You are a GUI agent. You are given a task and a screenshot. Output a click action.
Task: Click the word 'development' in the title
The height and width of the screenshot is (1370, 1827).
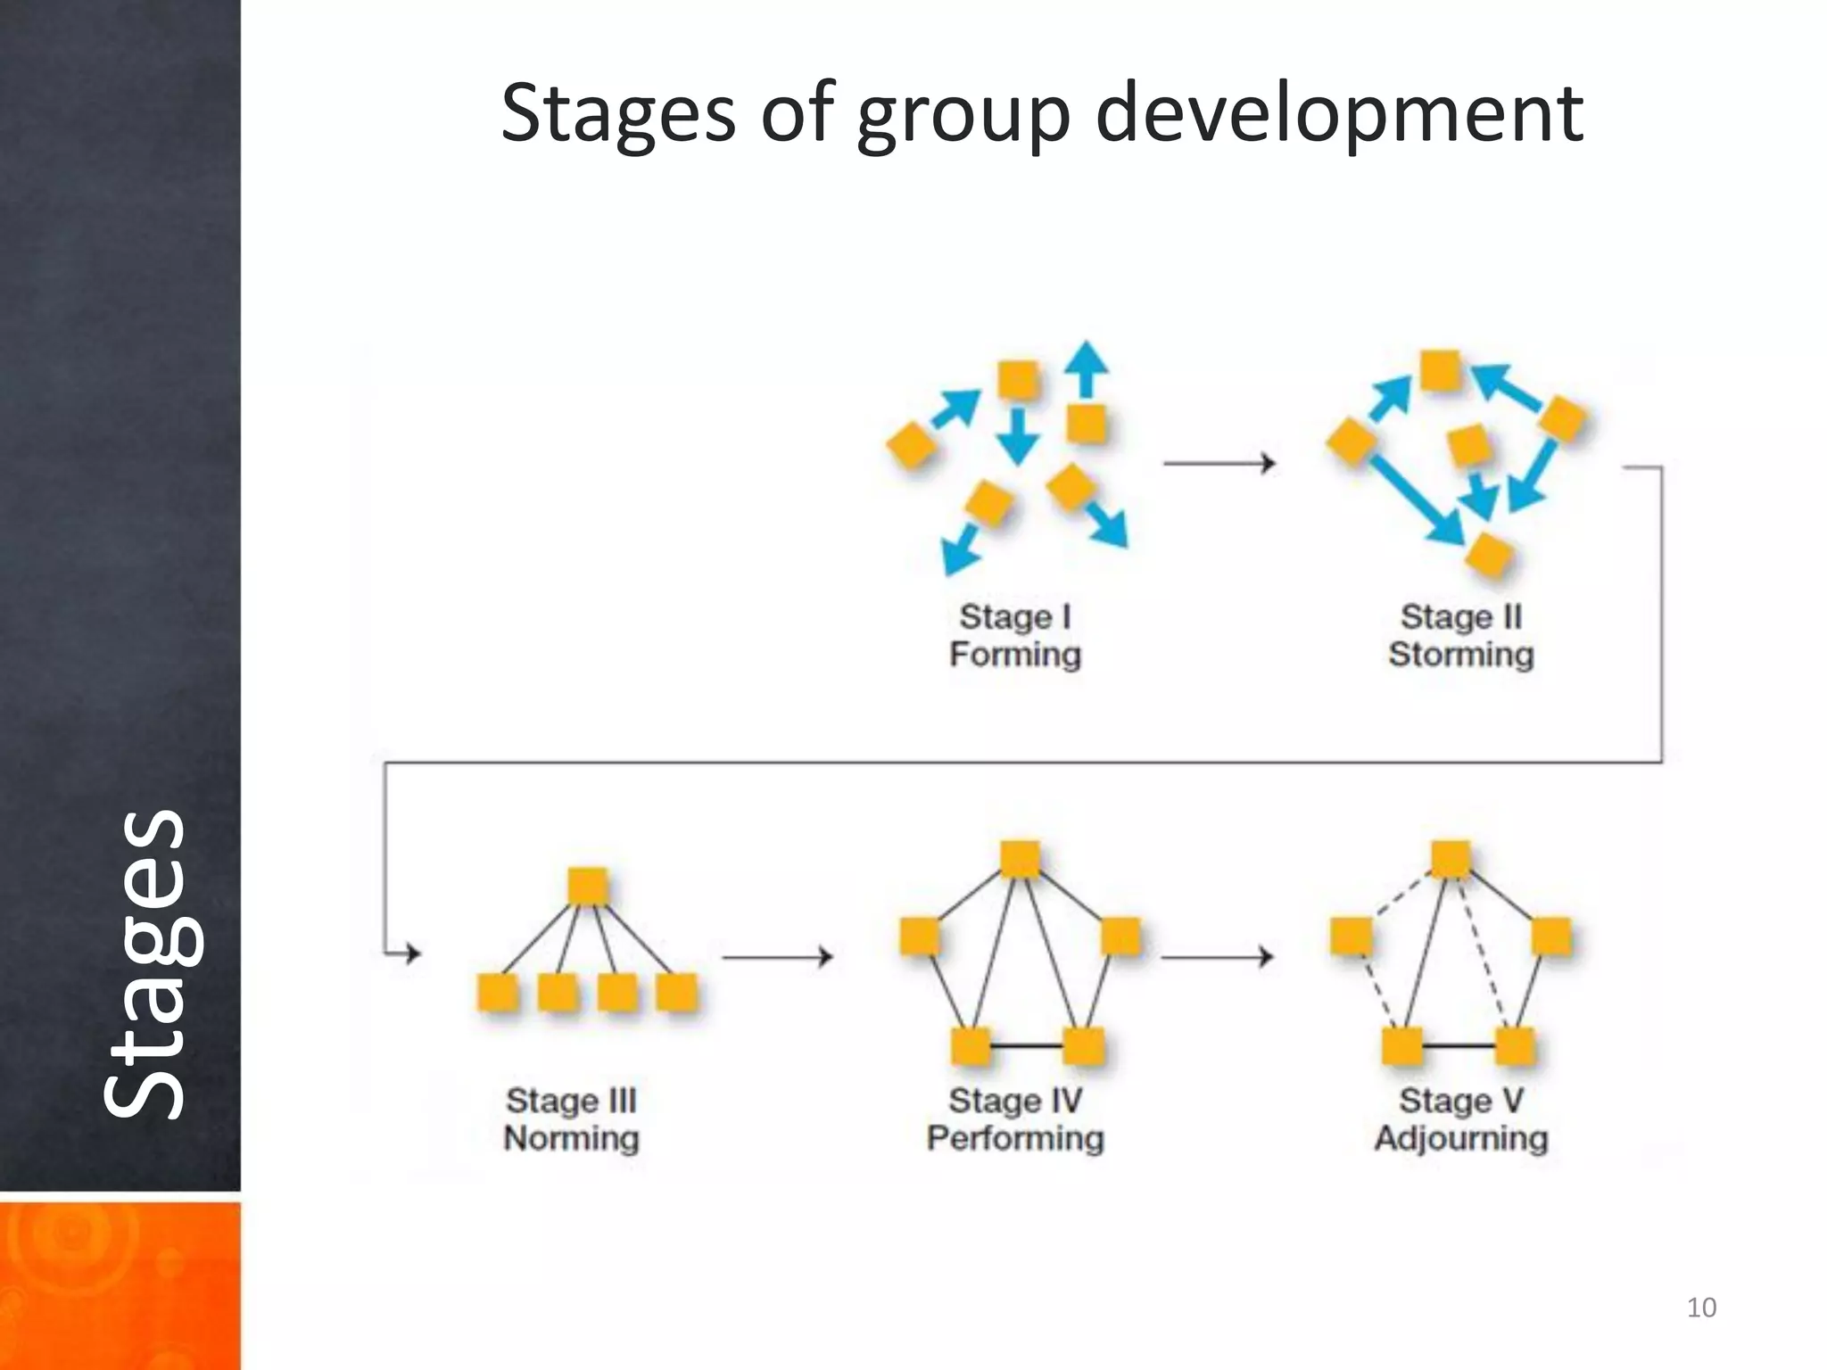(x=1338, y=113)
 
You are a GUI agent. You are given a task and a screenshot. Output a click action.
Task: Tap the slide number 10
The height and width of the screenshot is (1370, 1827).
(x=1701, y=1308)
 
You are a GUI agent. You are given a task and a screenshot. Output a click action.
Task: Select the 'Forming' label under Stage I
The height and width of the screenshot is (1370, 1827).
(x=1015, y=655)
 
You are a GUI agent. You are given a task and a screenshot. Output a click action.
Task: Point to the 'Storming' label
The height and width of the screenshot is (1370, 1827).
(x=1461, y=655)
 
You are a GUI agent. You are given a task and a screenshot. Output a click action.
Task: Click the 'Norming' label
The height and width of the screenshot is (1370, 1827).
(x=571, y=1139)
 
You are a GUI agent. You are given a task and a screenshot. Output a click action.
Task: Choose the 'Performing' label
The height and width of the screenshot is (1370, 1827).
(x=1015, y=1139)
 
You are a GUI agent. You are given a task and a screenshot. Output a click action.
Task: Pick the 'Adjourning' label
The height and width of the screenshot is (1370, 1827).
(x=1461, y=1139)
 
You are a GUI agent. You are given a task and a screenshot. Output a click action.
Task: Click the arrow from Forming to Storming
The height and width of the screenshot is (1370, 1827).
(x=1219, y=463)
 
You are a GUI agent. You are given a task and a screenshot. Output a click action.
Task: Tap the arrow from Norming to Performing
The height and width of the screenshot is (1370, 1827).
(x=777, y=957)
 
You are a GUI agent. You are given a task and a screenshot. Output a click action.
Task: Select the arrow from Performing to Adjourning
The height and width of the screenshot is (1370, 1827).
(x=1218, y=957)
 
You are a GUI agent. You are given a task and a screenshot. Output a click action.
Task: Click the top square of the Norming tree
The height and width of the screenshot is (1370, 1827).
(x=588, y=887)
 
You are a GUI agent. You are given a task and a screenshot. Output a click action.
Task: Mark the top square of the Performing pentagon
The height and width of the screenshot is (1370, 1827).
(x=1020, y=859)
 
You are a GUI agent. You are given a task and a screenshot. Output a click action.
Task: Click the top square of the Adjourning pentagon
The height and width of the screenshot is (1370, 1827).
(x=1451, y=859)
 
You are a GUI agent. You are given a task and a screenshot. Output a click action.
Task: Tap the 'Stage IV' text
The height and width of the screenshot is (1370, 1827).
(x=1015, y=1101)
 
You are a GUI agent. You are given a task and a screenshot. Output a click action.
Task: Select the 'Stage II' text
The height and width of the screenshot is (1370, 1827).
(x=1461, y=616)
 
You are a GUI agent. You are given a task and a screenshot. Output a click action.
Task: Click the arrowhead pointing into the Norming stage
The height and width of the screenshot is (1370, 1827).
(x=411, y=953)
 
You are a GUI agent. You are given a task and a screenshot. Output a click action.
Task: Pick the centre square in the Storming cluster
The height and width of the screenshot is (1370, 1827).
(x=1469, y=446)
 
